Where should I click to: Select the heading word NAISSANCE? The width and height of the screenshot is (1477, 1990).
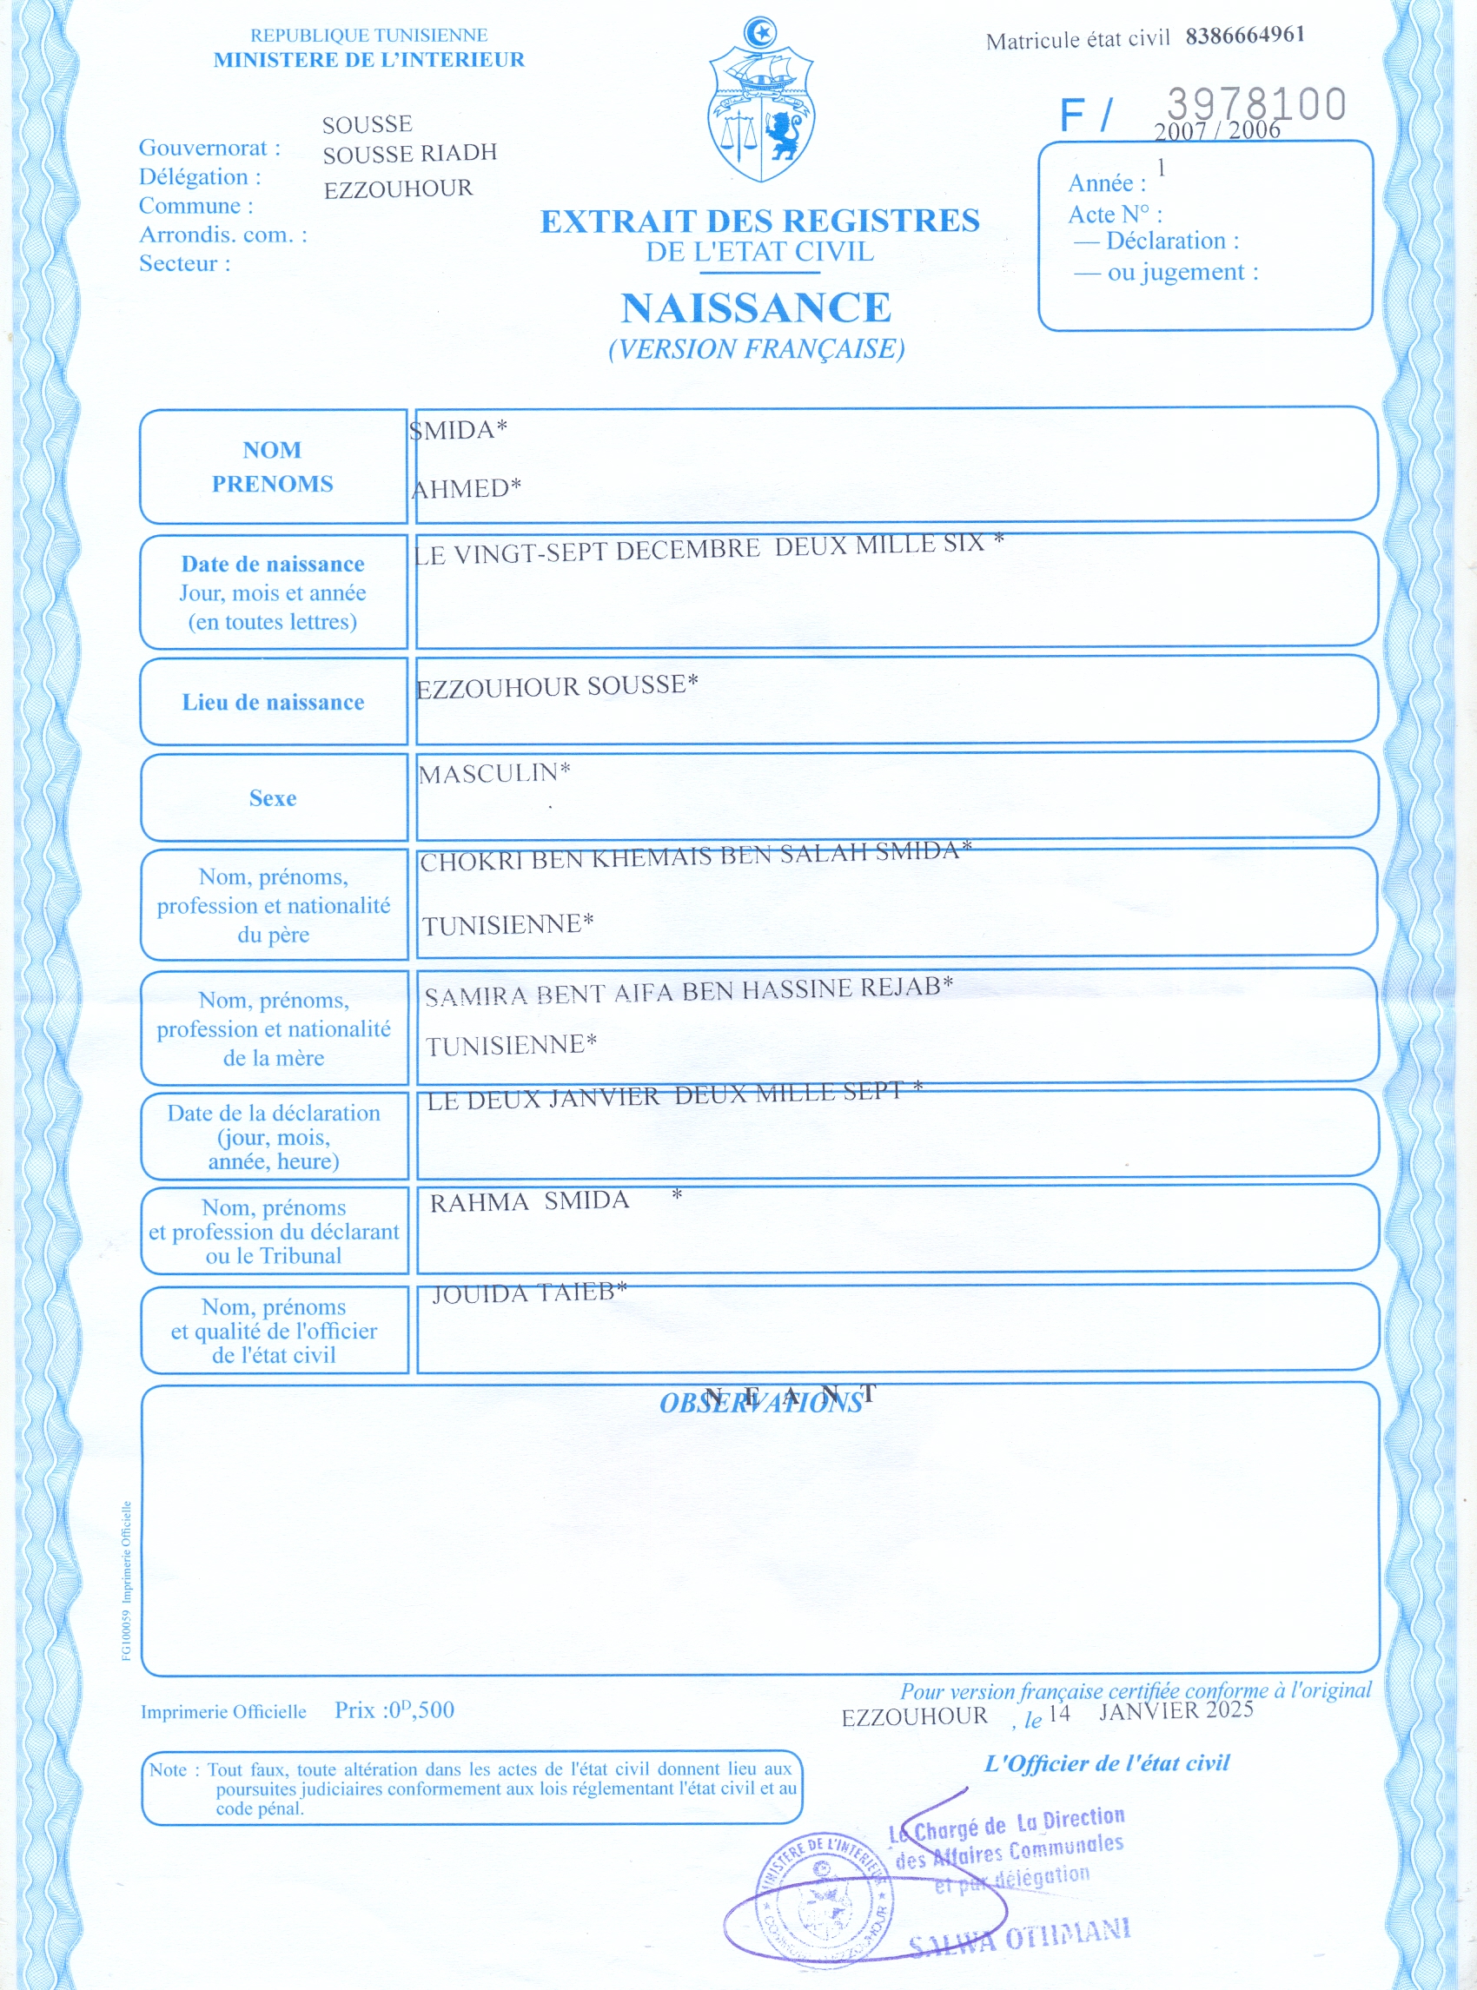(x=757, y=308)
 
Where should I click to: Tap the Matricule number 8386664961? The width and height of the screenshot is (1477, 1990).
(x=1244, y=36)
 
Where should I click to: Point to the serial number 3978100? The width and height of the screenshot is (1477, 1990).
(x=1256, y=103)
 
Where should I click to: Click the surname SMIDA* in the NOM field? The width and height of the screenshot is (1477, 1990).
(x=459, y=430)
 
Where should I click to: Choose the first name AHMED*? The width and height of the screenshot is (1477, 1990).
(x=466, y=488)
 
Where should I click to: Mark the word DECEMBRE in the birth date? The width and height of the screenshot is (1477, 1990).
(x=687, y=549)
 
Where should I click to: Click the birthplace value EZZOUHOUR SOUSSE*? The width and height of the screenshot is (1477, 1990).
(x=557, y=686)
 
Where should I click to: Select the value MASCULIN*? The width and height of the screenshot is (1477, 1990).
(x=494, y=773)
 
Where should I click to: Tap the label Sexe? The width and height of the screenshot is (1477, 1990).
(x=273, y=798)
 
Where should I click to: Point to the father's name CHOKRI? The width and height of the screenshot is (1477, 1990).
(x=471, y=861)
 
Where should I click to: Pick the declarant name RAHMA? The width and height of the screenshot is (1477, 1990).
(x=480, y=1202)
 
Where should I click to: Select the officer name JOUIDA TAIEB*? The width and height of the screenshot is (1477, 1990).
(x=529, y=1293)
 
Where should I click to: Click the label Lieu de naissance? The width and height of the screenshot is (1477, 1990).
(x=273, y=703)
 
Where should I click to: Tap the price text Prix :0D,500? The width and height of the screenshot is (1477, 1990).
(x=394, y=1710)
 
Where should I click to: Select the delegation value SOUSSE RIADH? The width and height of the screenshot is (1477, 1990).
(x=409, y=154)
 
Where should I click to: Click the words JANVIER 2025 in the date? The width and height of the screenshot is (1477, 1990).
(x=1176, y=1711)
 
